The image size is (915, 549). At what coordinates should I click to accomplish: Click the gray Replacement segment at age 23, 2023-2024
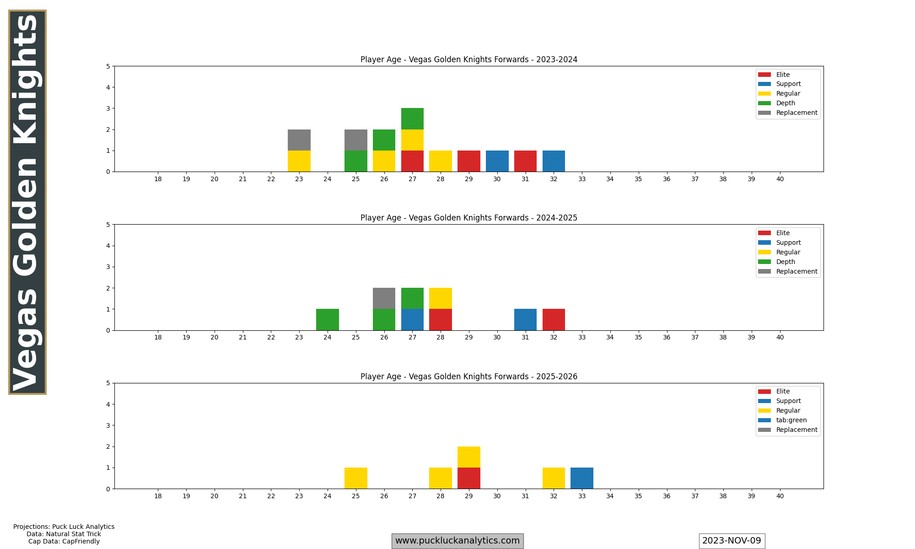pos(299,140)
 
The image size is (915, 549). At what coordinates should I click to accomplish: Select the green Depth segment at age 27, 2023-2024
pos(412,119)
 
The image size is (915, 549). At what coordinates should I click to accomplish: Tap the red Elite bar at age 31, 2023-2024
pos(525,161)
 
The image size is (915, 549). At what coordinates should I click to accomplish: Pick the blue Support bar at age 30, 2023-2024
pos(497,161)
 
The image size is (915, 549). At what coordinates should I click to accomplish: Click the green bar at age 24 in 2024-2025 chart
pos(328,319)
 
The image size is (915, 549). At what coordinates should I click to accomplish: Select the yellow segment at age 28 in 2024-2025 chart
pos(441,298)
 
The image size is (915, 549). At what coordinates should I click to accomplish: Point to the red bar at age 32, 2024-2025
pos(554,319)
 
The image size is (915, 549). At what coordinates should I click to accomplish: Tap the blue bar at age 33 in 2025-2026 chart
pos(582,478)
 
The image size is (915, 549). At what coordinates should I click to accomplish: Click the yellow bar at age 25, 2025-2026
pos(356,478)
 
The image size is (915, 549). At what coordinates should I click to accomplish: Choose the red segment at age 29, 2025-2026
pos(469,478)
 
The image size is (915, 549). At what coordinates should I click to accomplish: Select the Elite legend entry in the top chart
pos(783,75)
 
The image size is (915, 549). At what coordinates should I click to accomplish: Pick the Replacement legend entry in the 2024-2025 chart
pos(797,271)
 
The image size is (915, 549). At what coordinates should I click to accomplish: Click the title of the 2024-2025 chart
pos(469,218)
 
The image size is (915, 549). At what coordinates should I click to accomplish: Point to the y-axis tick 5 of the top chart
pos(108,66)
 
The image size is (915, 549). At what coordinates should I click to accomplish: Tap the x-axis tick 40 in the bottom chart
pos(780,496)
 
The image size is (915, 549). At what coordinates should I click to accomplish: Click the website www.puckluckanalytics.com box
pos(457,541)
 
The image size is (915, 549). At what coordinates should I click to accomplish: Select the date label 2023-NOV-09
pos(732,541)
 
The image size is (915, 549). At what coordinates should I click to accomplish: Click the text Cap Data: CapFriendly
pos(64,541)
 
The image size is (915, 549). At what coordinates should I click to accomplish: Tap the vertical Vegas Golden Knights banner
pos(27,202)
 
